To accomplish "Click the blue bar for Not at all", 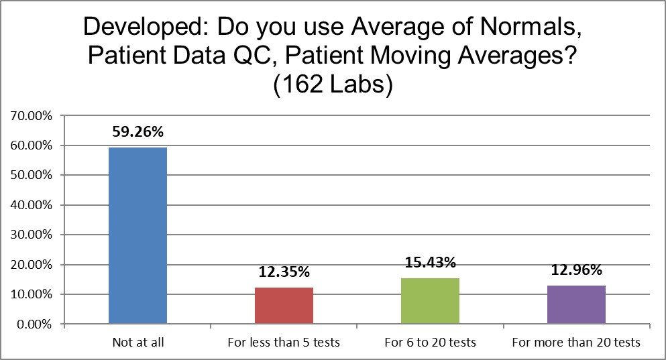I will coord(137,235).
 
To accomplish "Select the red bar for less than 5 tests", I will coord(284,306).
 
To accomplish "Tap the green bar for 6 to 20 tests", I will coord(430,301).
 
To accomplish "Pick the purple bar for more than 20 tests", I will coord(576,305).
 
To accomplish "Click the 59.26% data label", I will coord(137,129).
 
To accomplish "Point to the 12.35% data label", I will coord(284,272).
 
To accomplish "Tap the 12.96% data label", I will coord(576,270).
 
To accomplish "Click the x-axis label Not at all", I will coord(137,342).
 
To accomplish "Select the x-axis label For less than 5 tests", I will coord(284,342).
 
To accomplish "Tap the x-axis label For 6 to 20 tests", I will coord(430,342).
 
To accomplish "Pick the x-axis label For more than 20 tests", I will coord(576,342).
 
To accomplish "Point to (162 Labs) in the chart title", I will coord(333,86).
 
